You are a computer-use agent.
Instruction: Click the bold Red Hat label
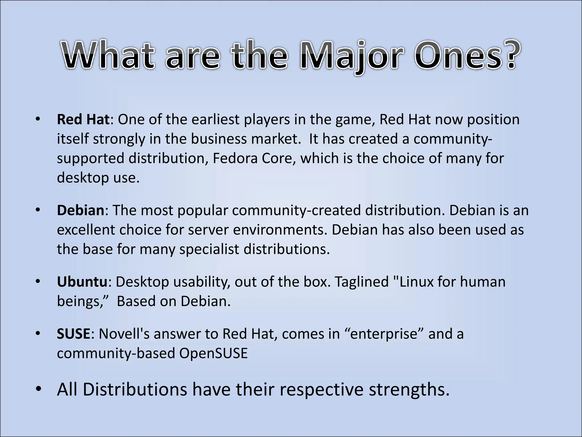click(83, 119)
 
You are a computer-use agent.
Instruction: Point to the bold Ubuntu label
click(82, 282)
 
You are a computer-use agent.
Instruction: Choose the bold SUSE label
click(73, 334)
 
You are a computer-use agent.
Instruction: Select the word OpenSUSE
click(213, 353)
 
